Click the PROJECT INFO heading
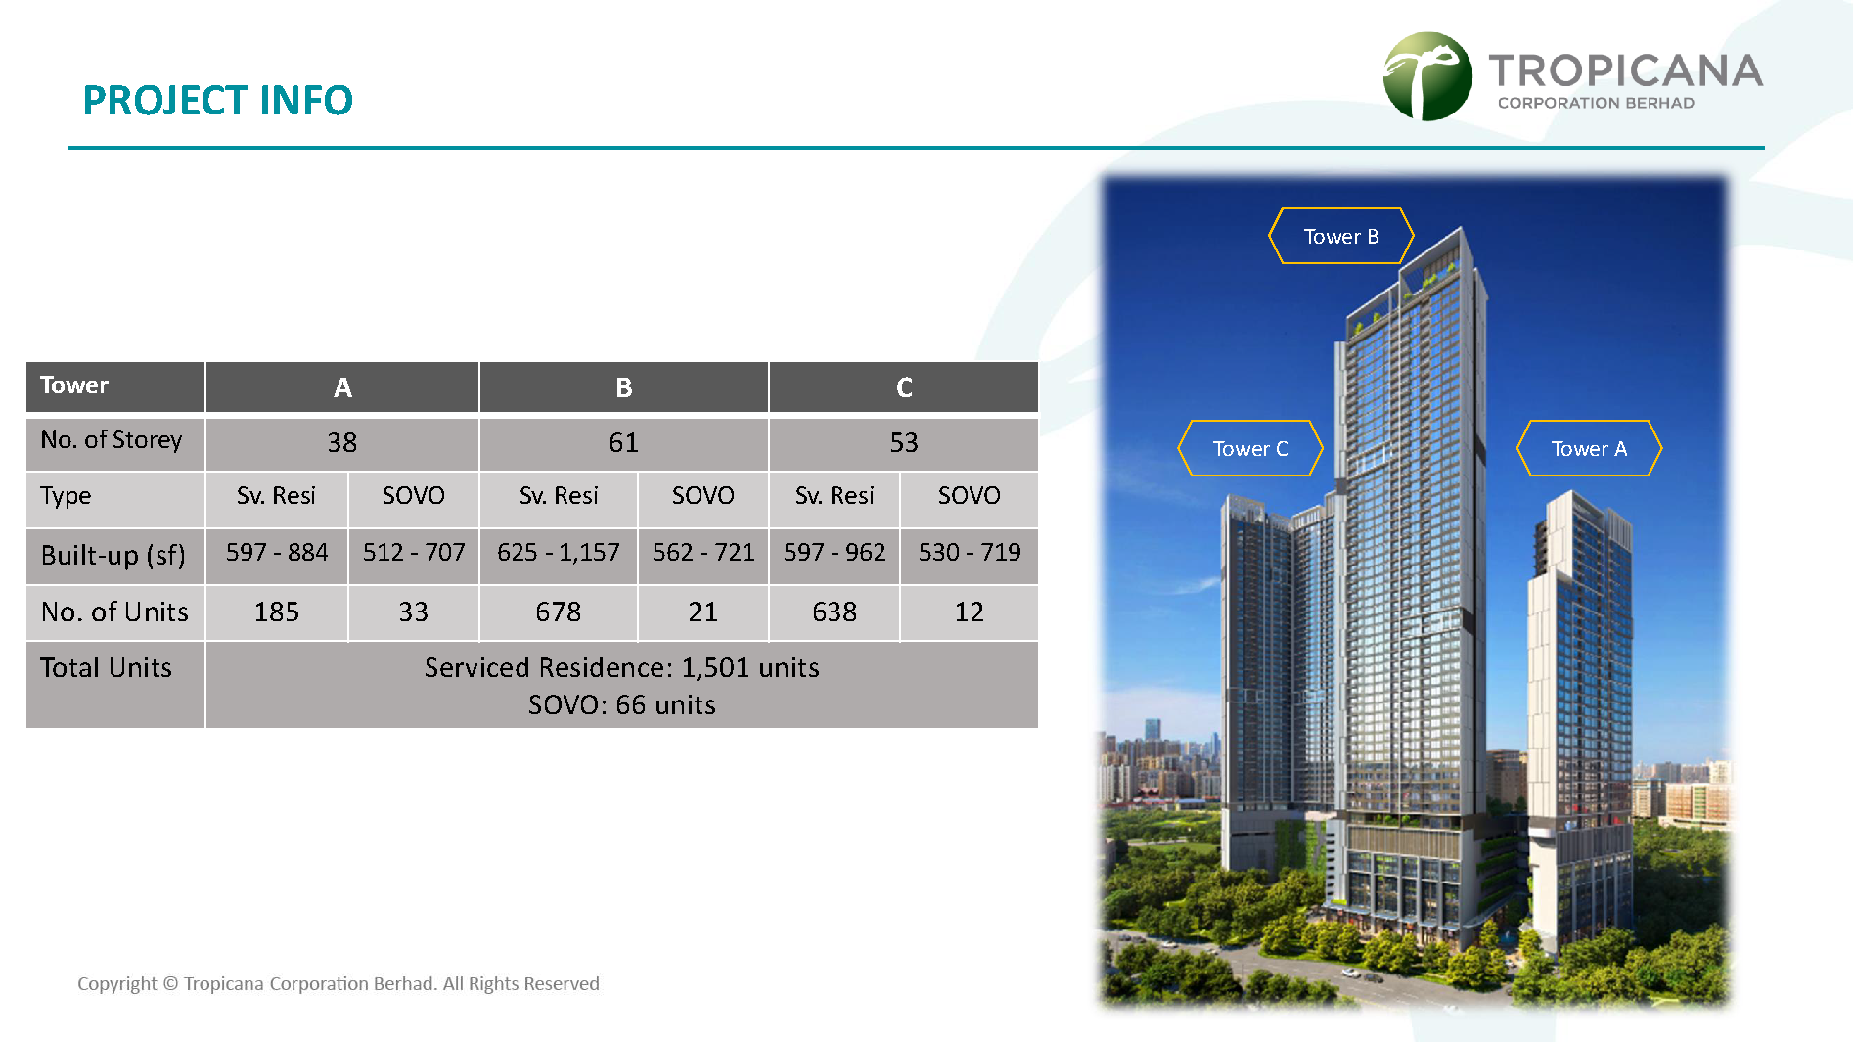pyautogui.click(x=217, y=100)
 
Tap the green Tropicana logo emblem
pyautogui.click(x=1427, y=76)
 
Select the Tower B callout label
pyautogui.click(x=1341, y=236)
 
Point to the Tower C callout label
pyautogui.click(x=1250, y=448)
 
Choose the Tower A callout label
pyautogui.click(x=1589, y=448)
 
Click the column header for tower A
pyautogui.click(x=342, y=387)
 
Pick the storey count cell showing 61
pyautogui.click(x=623, y=443)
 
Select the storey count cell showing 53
pyautogui.click(x=904, y=443)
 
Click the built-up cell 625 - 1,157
pyautogui.click(x=559, y=553)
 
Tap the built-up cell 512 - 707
pyautogui.click(x=414, y=553)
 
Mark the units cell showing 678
pyautogui.click(x=559, y=612)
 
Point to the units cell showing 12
pyautogui.click(x=970, y=612)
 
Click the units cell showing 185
pyautogui.click(x=277, y=612)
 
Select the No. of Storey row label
pyautogui.click(x=112, y=440)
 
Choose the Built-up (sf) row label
pyautogui.click(x=113, y=556)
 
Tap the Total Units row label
pyautogui.click(x=106, y=667)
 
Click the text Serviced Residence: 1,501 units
pyautogui.click(x=622, y=667)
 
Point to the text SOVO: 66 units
pyautogui.click(x=622, y=704)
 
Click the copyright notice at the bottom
pyautogui.click(x=339, y=983)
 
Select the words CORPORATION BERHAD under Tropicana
pyautogui.click(x=1596, y=103)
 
